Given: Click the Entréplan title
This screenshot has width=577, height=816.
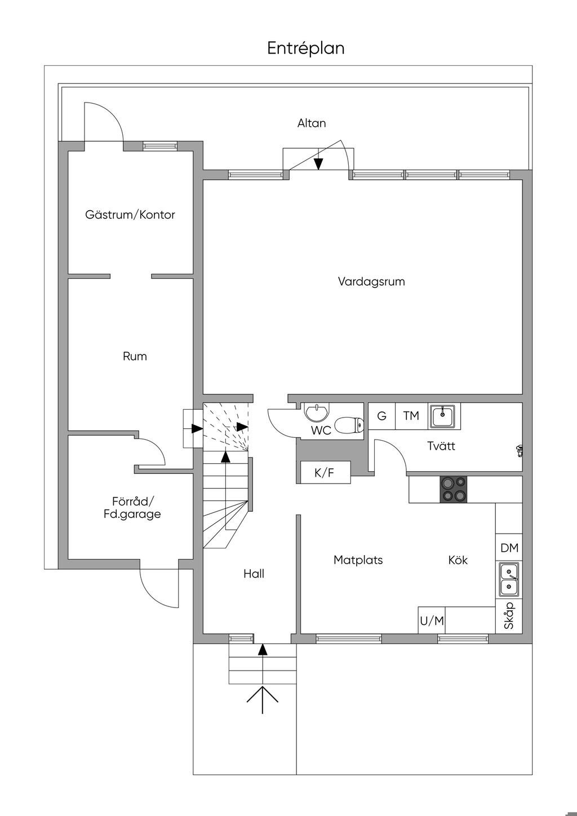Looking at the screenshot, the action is coord(305,48).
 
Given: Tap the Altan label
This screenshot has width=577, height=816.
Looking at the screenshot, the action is coord(312,123).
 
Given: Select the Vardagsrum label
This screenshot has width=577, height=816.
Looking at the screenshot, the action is coord(371,281).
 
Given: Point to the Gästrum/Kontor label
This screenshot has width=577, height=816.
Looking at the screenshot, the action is coord(130,215).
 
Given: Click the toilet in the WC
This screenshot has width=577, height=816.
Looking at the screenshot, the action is coord(348,424).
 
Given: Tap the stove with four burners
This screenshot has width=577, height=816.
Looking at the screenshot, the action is coord(454,489).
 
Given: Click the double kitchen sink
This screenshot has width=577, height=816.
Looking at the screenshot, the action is coord(509,580).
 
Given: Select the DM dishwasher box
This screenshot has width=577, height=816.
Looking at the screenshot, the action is coord(509,548).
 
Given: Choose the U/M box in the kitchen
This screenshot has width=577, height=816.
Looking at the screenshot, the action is coord(432,621).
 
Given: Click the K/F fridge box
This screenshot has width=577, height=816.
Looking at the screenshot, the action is coord(324,473).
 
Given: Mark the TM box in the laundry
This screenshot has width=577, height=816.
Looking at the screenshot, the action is coord(411,416).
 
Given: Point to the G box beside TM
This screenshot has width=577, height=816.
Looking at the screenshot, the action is coord(381,416).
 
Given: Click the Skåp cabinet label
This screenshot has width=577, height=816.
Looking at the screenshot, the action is coord(509,615).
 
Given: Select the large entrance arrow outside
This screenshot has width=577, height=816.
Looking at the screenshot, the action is coord(263,699).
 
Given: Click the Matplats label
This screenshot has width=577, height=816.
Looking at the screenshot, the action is coord(358,560).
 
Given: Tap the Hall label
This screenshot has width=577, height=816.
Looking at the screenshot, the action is coord(254,574).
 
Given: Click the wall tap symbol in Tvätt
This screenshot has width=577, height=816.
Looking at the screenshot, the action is coord(519,450).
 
